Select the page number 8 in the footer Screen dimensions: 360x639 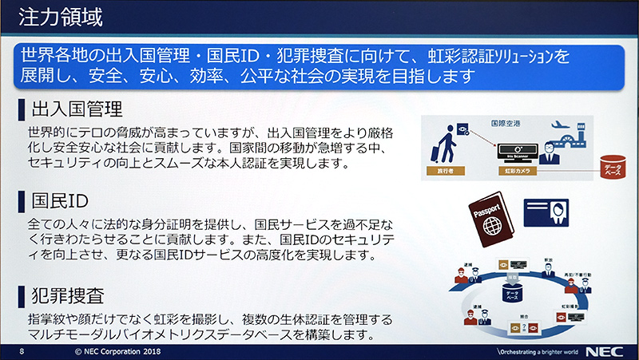point(22,351)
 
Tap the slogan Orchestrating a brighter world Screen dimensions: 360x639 point(536,351)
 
